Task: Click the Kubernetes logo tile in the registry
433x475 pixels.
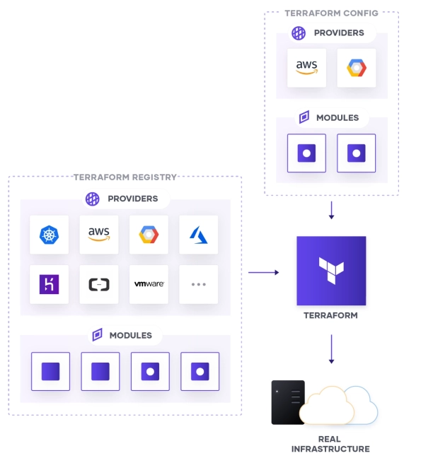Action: point(50,235)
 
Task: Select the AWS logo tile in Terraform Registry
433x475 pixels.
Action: point(99,235)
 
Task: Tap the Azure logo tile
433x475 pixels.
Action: point(198,235)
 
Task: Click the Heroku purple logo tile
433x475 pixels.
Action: point(50,284)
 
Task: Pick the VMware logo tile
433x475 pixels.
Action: point(149,284)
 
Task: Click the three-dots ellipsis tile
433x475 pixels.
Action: point(198,284)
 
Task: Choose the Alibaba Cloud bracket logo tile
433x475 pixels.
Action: point(99,284)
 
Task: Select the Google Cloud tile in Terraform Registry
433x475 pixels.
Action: point(149,235)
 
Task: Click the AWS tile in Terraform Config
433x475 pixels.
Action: point(306,68)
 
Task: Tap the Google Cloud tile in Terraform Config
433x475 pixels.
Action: point(356,68)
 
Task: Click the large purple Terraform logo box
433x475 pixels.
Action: point(331,271)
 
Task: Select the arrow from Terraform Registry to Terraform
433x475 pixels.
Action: point(263,271)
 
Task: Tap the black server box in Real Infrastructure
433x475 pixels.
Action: point(287,402)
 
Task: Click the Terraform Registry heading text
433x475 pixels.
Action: point(125,177)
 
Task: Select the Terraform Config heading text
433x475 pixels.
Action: point(331,13)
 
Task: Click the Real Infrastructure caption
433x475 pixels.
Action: point(330,444)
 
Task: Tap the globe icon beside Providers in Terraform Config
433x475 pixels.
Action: point(299,33)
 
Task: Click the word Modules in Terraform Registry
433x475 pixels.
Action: point(129,335)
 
